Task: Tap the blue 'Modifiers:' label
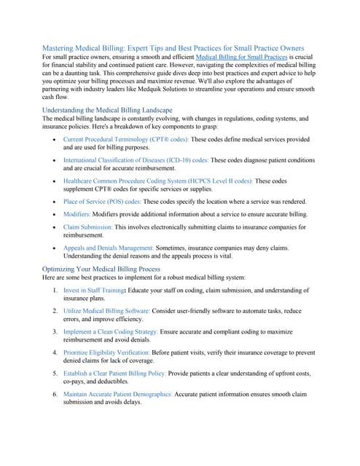[84, 214]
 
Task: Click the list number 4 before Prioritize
[55, 352]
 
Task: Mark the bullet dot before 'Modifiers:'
[56, 214]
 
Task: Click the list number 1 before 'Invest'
[55, 290]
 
